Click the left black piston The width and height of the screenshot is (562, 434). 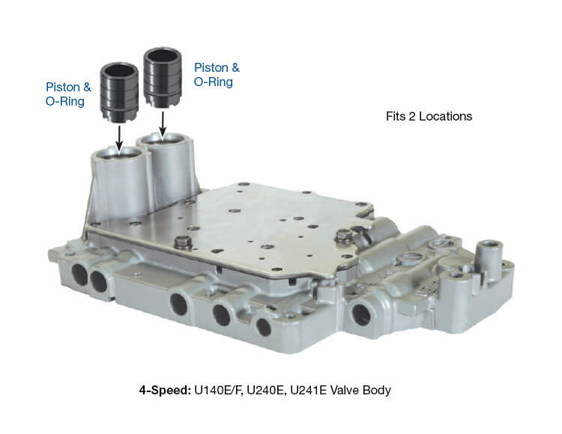pos(119,92)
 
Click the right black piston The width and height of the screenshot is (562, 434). pos(163,78)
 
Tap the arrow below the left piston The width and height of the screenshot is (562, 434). pos(119,137)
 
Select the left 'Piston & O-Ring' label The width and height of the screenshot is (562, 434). pos(68,94)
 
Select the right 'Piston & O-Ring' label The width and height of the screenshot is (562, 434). pos(217,74)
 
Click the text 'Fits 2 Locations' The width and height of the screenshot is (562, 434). pos(429,116)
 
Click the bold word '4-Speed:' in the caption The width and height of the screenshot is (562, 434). pos(165,390)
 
